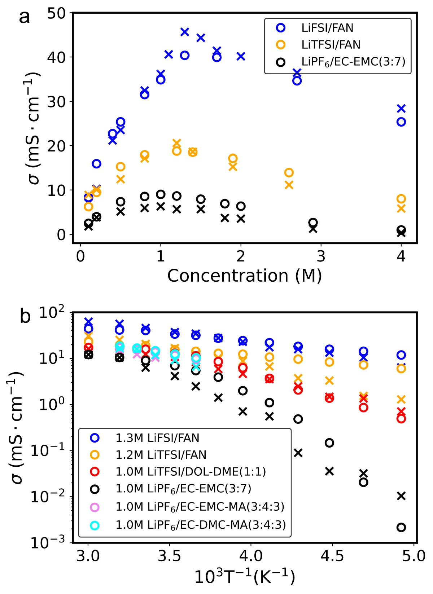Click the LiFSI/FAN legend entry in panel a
click(x=327, y=28)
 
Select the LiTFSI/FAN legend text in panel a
click(x=331, y=45)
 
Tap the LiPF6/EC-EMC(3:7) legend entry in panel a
click(x=353, y=62)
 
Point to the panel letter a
click(x=24, y=17)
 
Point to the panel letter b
click(x=25, y=316)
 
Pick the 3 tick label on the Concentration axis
click(x=321, y=256)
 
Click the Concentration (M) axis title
click(x=244, y=276)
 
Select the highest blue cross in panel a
click(x=184, y=32)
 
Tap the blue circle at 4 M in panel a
click(x=401, y=122)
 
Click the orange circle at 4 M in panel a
click(x=401, y=199)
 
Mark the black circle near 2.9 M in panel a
click(x=313, y=223)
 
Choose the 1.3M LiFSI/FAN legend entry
click(x=157, y=438)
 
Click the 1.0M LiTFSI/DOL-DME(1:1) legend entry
click(x=190, y=472)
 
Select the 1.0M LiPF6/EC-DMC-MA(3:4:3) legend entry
click(x=200, y=525)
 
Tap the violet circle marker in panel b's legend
click(x=95, y=507)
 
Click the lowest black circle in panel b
click(x=401, y=527)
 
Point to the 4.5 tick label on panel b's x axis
click(x=332, y=556)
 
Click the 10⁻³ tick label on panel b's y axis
click(x=48, y=542)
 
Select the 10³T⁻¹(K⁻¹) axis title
click(x=244, y=577)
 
